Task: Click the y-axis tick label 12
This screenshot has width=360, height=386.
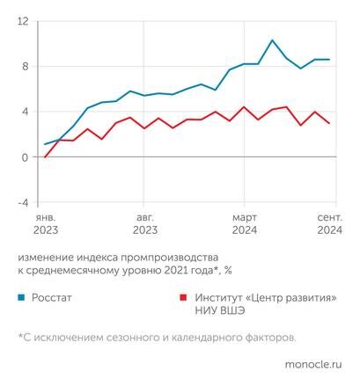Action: (x=23, y=21)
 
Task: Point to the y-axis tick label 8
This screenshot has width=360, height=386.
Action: (x=26, y=66)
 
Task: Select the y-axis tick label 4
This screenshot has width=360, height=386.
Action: (x=26, y=112)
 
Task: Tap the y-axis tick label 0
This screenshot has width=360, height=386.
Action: (x=26, y=157)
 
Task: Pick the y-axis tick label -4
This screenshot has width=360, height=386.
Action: (x=23, y=202)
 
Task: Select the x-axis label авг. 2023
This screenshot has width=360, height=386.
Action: (x=143, y=222)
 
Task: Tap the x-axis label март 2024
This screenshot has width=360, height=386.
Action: (x=246, y=222)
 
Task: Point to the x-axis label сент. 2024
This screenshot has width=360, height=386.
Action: (x=327, y=222)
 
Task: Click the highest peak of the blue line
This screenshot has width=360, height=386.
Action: (x=272, y=40)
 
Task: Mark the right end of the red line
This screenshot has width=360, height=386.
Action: (x=329, y=123)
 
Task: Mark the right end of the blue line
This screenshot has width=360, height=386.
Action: (x=329, y=60)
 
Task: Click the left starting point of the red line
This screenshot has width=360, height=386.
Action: (x=45, y=157)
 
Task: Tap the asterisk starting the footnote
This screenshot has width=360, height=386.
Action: (x=19, y=335)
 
